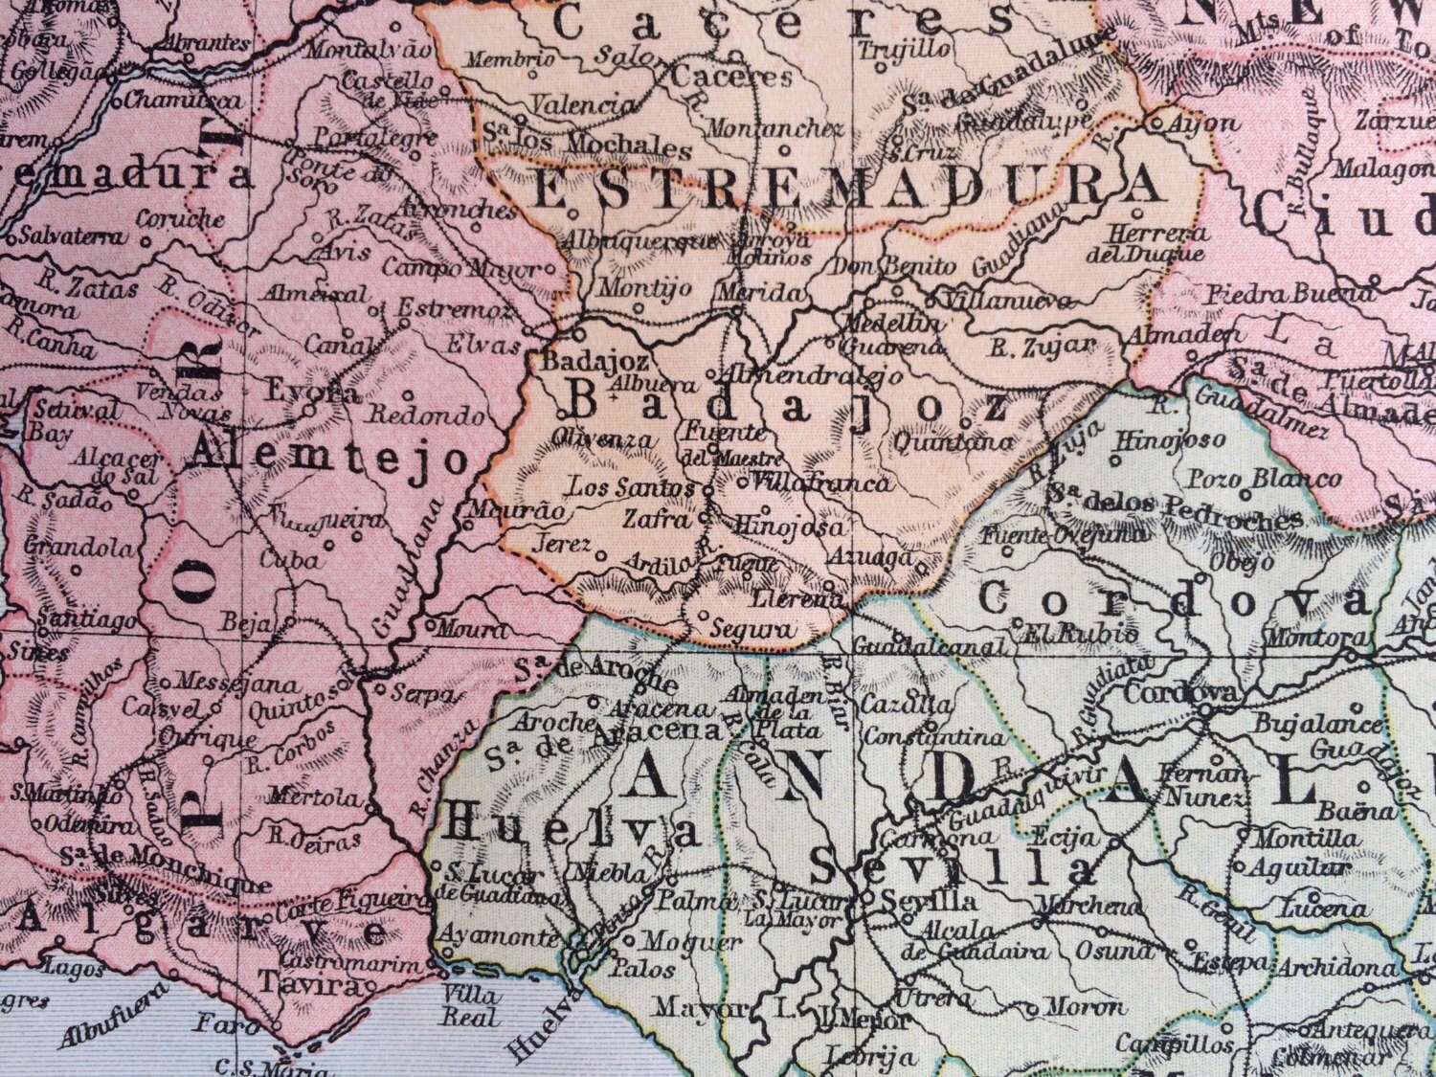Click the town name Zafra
point(656,520)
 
